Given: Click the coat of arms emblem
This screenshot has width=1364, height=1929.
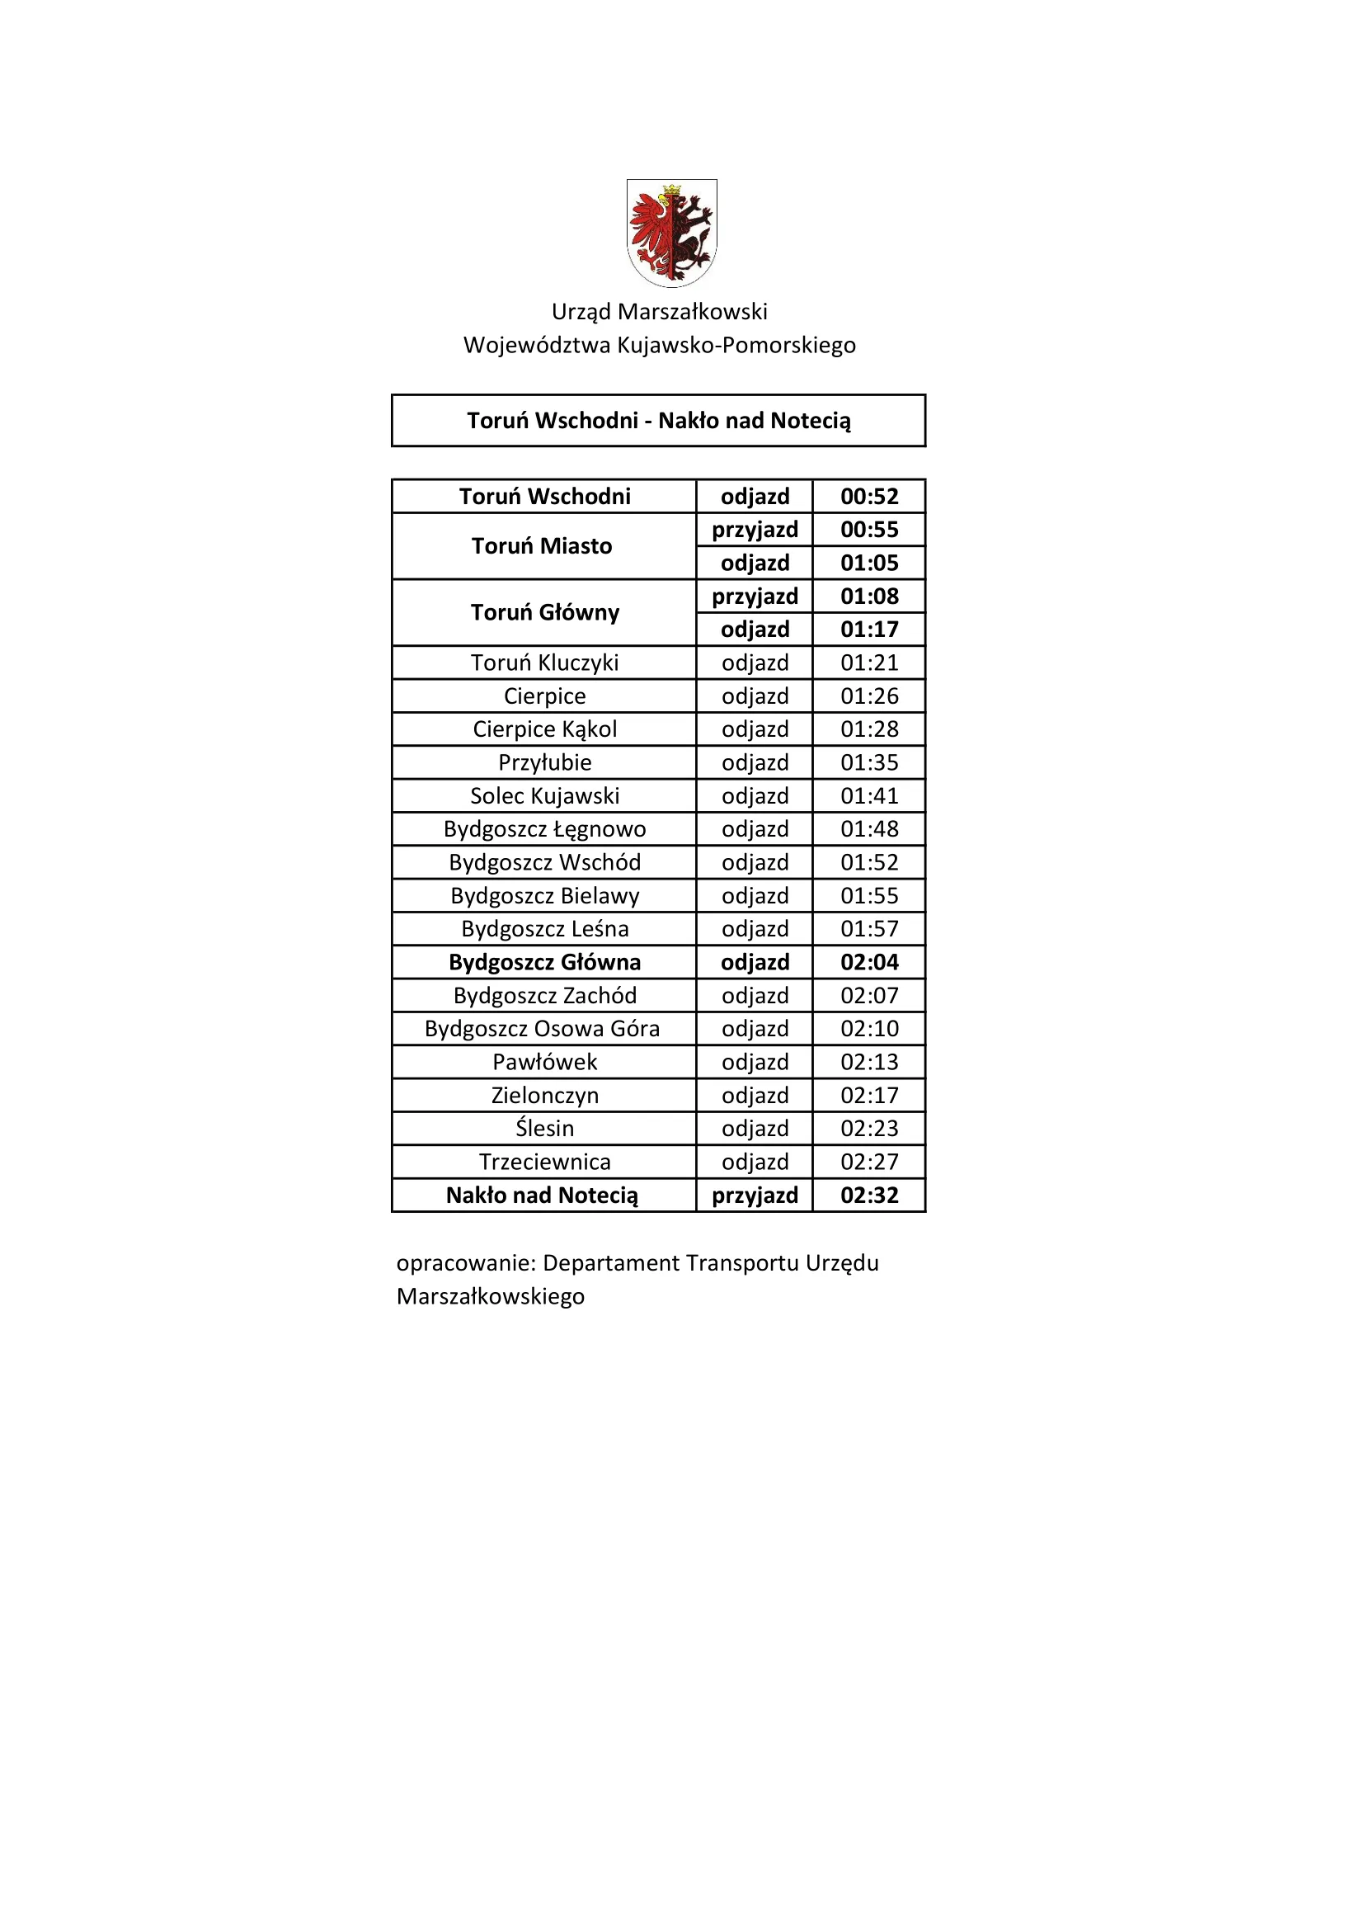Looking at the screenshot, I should (671, 232).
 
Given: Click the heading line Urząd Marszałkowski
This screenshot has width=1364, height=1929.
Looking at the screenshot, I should (660, 312).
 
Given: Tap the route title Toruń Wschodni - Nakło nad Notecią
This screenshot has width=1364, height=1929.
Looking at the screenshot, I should (658, 421).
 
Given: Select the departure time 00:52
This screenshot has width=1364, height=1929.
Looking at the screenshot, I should (869, 497).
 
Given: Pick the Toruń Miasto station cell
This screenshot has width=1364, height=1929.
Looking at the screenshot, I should (542, 546).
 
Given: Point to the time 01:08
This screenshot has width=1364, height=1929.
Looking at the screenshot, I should (869, 597).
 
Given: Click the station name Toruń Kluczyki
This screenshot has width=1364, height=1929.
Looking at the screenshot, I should (544, 663).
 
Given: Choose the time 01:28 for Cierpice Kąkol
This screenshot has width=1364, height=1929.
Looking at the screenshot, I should (869, 729).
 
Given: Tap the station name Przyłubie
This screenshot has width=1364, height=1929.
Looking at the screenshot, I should (544, 763).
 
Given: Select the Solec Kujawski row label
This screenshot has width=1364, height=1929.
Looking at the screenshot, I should (544, 795).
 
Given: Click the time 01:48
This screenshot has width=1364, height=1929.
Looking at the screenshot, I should (869, 829).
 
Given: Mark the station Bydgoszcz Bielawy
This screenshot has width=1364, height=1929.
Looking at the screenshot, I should (544, 896).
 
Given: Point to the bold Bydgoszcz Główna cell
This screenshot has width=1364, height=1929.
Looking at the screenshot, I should (544, 962).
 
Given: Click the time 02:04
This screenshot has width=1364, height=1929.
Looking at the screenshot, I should (869, 962).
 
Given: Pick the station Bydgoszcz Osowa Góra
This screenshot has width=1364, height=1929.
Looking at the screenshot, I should (542, 1028).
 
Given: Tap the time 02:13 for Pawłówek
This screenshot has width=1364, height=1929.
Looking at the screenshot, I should (869, 1062).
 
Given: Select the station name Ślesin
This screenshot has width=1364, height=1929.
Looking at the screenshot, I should (544, 1129).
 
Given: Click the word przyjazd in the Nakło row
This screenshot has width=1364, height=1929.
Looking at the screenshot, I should (755, 1196).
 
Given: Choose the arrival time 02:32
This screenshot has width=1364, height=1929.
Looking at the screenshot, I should (869, 1196).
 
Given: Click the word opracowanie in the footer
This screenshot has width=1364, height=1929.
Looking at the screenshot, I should (465, 1264).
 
